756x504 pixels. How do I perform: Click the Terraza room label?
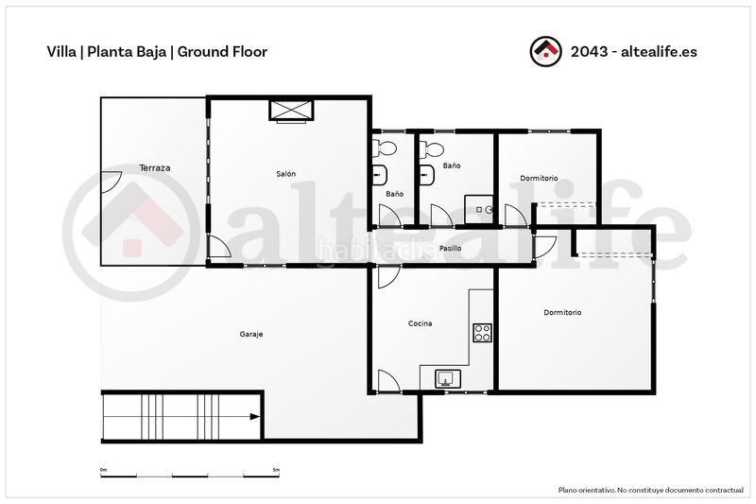154,167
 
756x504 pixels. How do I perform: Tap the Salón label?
286,174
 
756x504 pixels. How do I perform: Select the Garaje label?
251,334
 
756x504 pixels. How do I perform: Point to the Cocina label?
420,323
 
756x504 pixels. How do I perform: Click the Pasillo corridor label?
450,248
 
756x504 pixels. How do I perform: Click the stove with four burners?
482,333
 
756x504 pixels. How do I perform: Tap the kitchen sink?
448,378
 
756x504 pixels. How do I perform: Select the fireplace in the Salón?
291,111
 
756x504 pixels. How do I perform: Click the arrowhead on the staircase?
254,417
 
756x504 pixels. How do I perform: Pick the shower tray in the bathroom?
479,209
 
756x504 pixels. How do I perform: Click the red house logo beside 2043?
545,51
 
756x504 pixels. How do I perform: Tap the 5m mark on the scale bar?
276,469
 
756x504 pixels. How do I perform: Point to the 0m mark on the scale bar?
103,469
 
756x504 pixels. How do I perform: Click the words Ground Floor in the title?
222,52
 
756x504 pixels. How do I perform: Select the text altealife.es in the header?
659,52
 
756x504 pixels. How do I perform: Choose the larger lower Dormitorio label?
562,312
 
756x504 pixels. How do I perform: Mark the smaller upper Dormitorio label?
539,178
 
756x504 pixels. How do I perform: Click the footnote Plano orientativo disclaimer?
650,490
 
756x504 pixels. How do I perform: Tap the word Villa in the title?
61,52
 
